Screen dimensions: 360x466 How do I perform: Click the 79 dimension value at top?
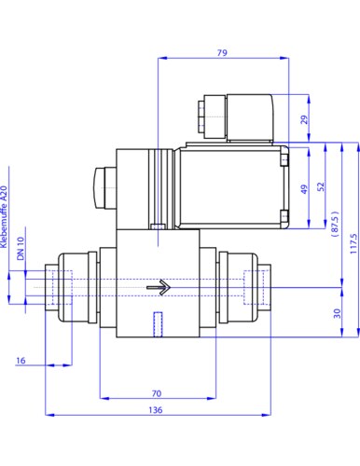click(222, 53)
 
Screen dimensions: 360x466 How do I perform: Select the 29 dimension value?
click(305, 119)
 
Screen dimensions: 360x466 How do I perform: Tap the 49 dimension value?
click(304, 189)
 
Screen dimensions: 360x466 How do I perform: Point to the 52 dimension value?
click(321, 186)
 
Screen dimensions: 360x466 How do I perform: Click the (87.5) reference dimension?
click(335, 225)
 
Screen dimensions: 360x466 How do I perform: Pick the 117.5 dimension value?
click(353, 244)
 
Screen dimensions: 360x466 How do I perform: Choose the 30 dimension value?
click(337, 313)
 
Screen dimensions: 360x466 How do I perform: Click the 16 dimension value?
click(21, 361)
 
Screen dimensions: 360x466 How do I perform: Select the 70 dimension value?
click(157, 393)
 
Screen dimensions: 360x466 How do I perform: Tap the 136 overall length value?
click(156, 410)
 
